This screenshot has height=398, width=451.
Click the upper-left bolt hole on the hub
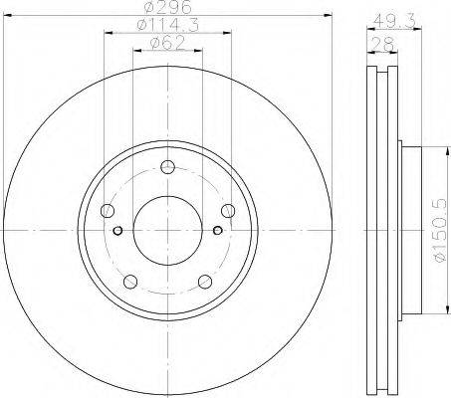(108, 210)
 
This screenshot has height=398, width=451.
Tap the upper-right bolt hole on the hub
(228, 210)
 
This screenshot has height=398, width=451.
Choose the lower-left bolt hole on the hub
(130, 280)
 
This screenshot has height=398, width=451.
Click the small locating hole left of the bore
(118, 231)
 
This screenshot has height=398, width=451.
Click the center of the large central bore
(167, 230)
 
